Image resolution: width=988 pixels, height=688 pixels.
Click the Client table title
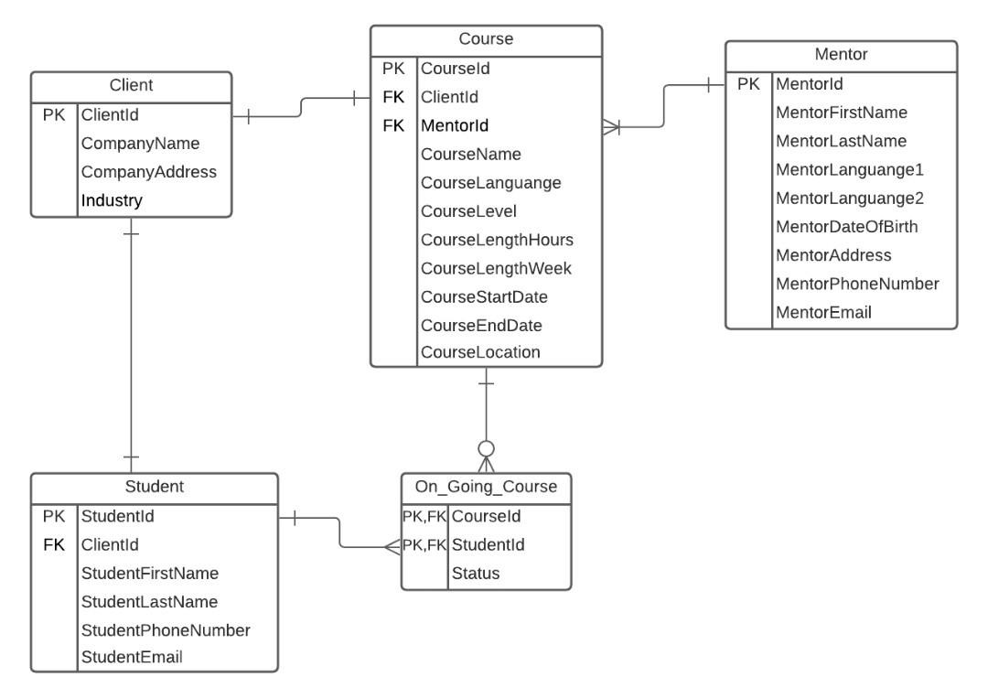coord(131,85)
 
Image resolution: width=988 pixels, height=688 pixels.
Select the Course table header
coord(486,38)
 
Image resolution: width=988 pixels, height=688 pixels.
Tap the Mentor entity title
coord(841,54)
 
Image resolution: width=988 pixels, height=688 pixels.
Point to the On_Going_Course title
coord(486,487)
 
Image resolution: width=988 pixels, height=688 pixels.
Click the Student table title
coord(154,487)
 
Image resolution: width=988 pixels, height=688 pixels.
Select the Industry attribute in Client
coord(113,200)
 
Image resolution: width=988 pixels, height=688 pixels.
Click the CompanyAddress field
coord(149,172)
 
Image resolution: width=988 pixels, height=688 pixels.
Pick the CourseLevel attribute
coord(468,211)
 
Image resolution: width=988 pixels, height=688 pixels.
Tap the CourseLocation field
coord(480,352)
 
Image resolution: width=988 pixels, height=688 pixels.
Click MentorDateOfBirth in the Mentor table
coord(847,227)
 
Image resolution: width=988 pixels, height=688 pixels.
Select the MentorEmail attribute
coord(823,313)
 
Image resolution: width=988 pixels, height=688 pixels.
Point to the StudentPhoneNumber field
coord(166,630)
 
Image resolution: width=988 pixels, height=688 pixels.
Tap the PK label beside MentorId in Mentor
coord(748,84)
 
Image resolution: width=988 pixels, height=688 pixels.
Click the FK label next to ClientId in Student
coord(53,545)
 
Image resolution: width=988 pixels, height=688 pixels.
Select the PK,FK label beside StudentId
coord(424,545)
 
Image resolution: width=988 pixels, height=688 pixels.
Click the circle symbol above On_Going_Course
coord(487,448)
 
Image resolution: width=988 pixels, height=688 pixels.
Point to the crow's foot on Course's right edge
coord(611,128)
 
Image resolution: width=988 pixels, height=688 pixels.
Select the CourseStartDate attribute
coord(484,297)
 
